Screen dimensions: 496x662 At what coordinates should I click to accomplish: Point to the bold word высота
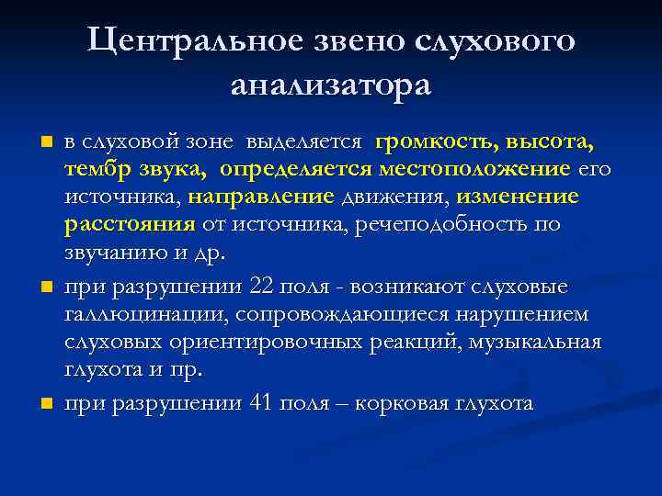point(548,143)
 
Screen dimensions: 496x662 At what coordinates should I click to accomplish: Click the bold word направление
point(259,197)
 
